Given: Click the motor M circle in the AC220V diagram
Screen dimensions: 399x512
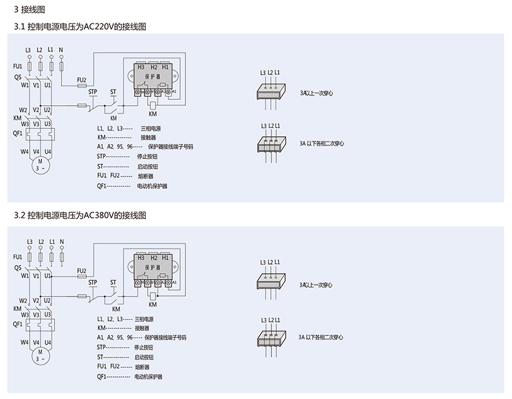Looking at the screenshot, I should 40,165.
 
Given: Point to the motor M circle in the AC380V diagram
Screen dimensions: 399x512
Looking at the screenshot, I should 40,354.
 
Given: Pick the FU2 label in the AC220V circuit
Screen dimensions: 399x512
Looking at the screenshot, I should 82,80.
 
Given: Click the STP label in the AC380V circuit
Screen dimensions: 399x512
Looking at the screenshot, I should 93,282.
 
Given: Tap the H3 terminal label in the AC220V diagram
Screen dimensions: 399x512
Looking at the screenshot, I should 141,67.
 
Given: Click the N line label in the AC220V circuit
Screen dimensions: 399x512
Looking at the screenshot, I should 61,50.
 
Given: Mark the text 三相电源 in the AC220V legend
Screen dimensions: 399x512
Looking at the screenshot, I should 150,128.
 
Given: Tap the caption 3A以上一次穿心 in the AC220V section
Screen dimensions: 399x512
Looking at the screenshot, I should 316,93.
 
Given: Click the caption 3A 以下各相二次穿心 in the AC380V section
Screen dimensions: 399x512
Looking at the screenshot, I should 321,337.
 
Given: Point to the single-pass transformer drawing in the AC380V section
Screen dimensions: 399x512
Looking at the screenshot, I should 270,282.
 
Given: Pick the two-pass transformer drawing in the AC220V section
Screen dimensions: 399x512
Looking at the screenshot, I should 270,143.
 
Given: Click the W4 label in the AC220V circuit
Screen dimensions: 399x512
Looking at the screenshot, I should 24,151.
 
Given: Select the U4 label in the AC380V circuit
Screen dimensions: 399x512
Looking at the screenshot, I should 48,342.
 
